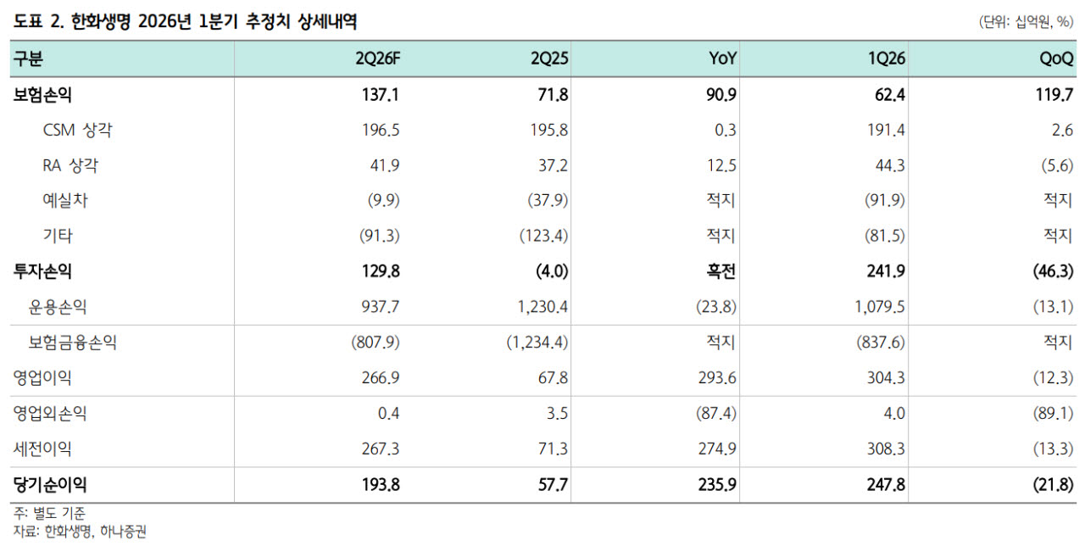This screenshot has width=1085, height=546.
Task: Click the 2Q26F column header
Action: [x=377, y=58]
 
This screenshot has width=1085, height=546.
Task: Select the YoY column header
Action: [x=722, y=58]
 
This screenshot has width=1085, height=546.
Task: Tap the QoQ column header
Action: [x=1056, y=58]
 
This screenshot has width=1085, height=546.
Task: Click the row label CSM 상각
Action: [x=77, y=130]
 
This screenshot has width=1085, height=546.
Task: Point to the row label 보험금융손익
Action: [x=72, y=342]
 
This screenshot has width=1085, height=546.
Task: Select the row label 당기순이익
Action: [x=50, y=484]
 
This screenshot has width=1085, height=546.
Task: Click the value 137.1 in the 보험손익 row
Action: [x=381, y=94]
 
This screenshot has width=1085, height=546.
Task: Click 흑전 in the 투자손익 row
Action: [x=721, y=271]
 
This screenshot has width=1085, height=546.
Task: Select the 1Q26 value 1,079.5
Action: [x=879, y=307]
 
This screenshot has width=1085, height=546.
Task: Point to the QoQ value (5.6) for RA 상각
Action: [x=1057, y=165]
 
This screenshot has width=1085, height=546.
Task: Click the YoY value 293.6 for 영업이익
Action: [x=717, y=377]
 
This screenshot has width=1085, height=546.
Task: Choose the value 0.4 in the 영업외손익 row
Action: [x=388, y=413]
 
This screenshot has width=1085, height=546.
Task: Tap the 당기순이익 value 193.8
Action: [x=381, y=484]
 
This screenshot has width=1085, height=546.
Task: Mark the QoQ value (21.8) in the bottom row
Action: [x=1053, y=484]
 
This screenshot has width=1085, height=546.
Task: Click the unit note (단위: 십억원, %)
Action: [x=1026, y=22]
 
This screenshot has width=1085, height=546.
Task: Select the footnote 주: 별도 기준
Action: [x=49, y=513]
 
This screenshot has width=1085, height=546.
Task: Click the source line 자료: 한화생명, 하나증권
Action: [x=80, y=532]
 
